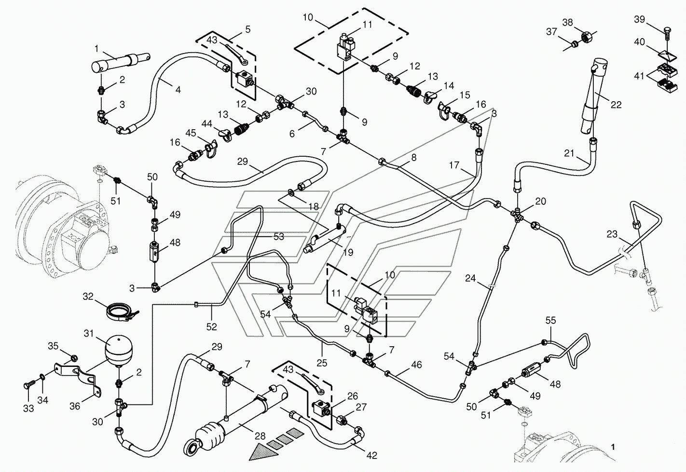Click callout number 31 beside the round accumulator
(88, 333)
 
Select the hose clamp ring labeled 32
(120, 311)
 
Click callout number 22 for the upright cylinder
(616, 105)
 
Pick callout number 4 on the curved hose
(178, 90)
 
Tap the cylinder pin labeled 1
(121, 63)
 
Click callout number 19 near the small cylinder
(348, 252)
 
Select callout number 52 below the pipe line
(211, 326)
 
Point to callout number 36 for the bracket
(75, 406)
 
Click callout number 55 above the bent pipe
(550, 321)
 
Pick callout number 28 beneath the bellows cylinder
(260, 436)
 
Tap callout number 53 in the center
(279, 237)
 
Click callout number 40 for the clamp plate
(640, 42)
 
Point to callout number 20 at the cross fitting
(540, 201)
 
